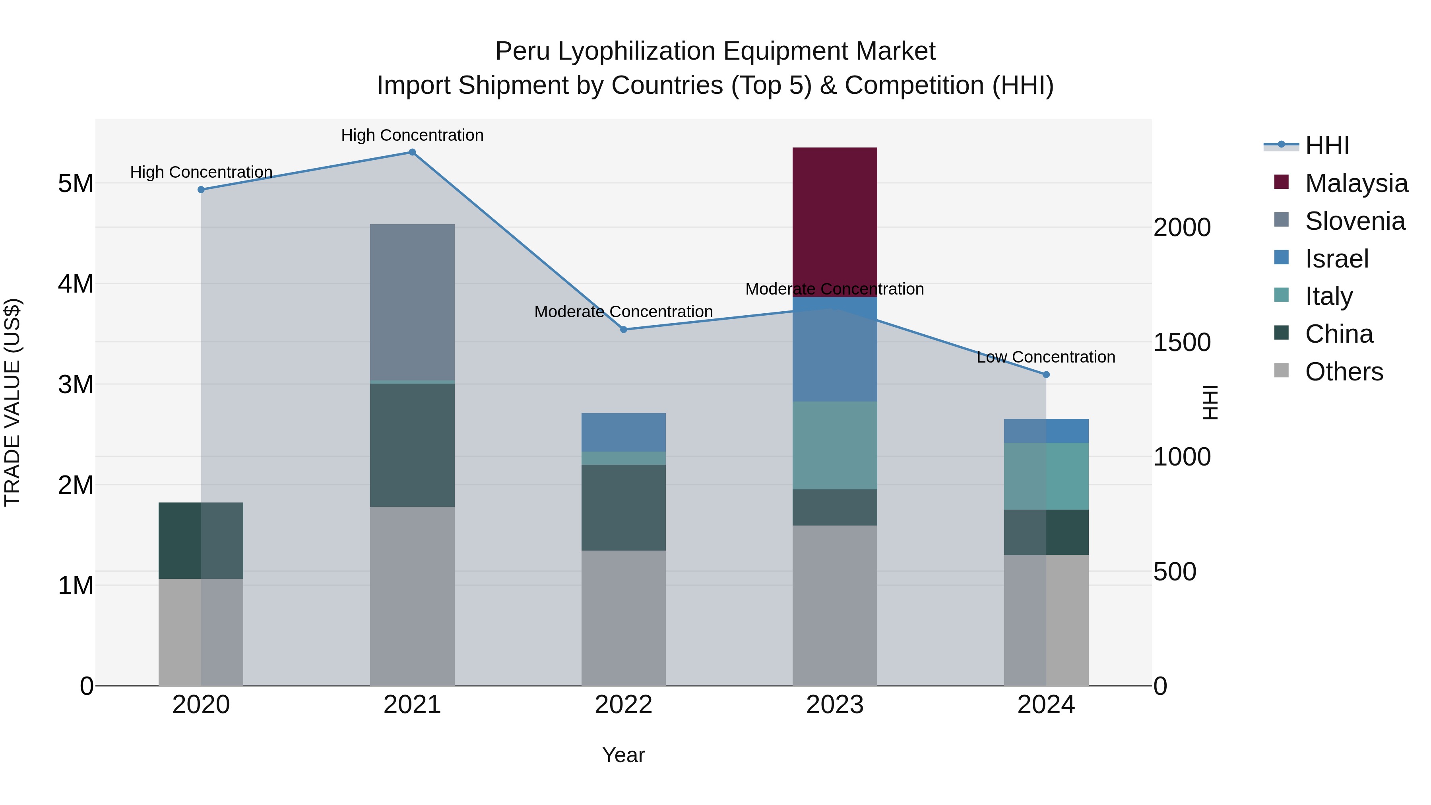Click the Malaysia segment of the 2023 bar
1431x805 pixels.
(x=834, y=222)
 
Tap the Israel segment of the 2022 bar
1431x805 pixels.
(x=623, y=432)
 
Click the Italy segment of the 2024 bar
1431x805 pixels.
(x=1046, y=476)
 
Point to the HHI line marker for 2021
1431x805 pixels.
(x=412, y=152)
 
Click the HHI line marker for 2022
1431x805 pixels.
(x=623, y=330)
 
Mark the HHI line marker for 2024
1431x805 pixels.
(x=1046, y=374)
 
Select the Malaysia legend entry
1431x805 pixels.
(x=1355, y=183)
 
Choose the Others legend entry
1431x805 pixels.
(x=1343, y=372)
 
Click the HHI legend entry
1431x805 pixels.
(x=1326, y=145)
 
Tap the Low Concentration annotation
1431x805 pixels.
(x=1045, y=357)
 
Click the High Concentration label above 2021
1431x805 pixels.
(x=412, y=135)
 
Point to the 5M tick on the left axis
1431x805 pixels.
(x=76, y=183)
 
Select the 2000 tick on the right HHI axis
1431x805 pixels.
(x=1182, y=228)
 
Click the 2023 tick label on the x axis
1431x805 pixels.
(x=834, y=705)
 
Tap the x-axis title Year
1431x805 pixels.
(x=623, y=755)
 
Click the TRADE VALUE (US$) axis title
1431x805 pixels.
(x=12, y=402)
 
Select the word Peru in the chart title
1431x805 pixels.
(x=523, y=51)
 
